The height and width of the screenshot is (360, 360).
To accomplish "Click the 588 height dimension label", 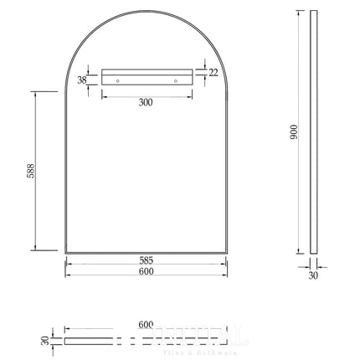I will (30, 171).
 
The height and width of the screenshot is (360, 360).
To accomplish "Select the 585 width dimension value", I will (146, 259).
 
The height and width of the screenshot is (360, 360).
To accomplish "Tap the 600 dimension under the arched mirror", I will (146, 271).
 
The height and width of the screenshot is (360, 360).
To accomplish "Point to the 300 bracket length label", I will (146, 102).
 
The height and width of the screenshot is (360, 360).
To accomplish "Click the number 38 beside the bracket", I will (81, 80).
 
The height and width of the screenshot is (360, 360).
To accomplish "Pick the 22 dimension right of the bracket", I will (213, 74).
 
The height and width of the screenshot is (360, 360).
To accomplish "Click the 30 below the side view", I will (314, 275).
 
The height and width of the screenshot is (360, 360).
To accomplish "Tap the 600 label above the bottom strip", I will (146, 325).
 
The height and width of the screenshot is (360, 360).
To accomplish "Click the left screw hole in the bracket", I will (117, 80).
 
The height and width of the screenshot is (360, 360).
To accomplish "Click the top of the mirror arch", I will (147, 12).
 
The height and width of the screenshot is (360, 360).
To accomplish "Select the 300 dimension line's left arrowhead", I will (104, 95).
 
